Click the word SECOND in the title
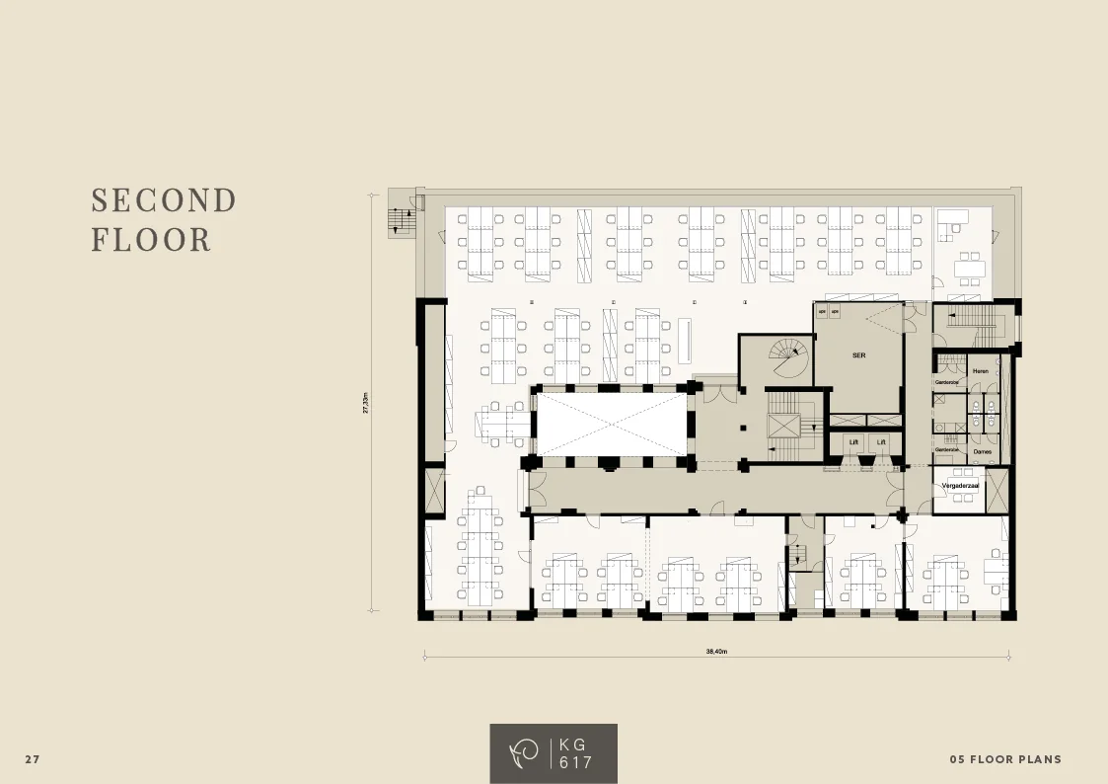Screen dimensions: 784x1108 (x=164, y=200)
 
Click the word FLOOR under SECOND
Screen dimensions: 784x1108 (x=151, y=240)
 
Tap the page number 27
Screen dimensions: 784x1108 (x=33, y=759)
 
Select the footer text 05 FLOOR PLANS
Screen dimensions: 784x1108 (x=1005, y=759)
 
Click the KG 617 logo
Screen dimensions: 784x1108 (x=554, y=753)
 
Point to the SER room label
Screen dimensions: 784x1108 (x=858, y=353)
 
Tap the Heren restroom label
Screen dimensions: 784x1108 (x=980, y=370)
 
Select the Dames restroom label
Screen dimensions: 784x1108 (x=982, y=450)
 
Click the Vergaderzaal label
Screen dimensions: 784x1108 (x=960, y=486)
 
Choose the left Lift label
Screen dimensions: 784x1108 (x=853, y=442)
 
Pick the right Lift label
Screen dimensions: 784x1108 (x=881, y=442)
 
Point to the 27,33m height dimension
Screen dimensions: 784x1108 (x=365, y=403)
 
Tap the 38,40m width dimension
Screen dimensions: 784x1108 (x=716, y=652)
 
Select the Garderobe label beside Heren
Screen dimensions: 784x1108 (x=947, y=381)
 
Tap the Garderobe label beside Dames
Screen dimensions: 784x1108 (x=947, y=449)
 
